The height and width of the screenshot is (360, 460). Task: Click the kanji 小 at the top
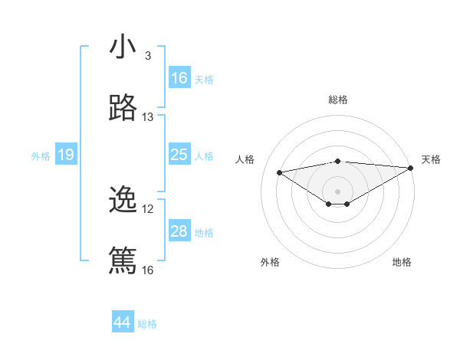(123, 47)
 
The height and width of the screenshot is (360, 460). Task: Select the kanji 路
(123, 109)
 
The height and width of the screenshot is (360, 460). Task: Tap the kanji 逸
(123, 201)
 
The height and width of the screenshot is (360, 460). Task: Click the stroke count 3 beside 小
(148, 56)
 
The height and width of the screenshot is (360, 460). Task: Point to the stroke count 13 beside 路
(148, 117)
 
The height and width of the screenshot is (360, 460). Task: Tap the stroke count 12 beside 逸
(148, 209)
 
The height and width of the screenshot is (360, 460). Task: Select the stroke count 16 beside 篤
(148, 270)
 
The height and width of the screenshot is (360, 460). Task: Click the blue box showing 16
(179, 78)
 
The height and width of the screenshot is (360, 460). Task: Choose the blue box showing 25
(179, 155)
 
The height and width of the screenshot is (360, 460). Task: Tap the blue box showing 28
(179, 231)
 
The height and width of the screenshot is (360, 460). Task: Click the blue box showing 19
(66, 155)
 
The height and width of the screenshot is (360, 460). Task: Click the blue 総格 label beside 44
(147, 324)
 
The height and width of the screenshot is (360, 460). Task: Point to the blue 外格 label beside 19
(41, 156)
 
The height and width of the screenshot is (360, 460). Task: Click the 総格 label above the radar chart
(338, 100)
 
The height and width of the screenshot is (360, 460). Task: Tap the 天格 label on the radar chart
(431, 159)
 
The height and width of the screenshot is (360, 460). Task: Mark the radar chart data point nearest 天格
(411, 167)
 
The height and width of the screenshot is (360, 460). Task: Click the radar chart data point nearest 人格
(280, 172)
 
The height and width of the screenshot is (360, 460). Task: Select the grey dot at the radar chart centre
(338, 190)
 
